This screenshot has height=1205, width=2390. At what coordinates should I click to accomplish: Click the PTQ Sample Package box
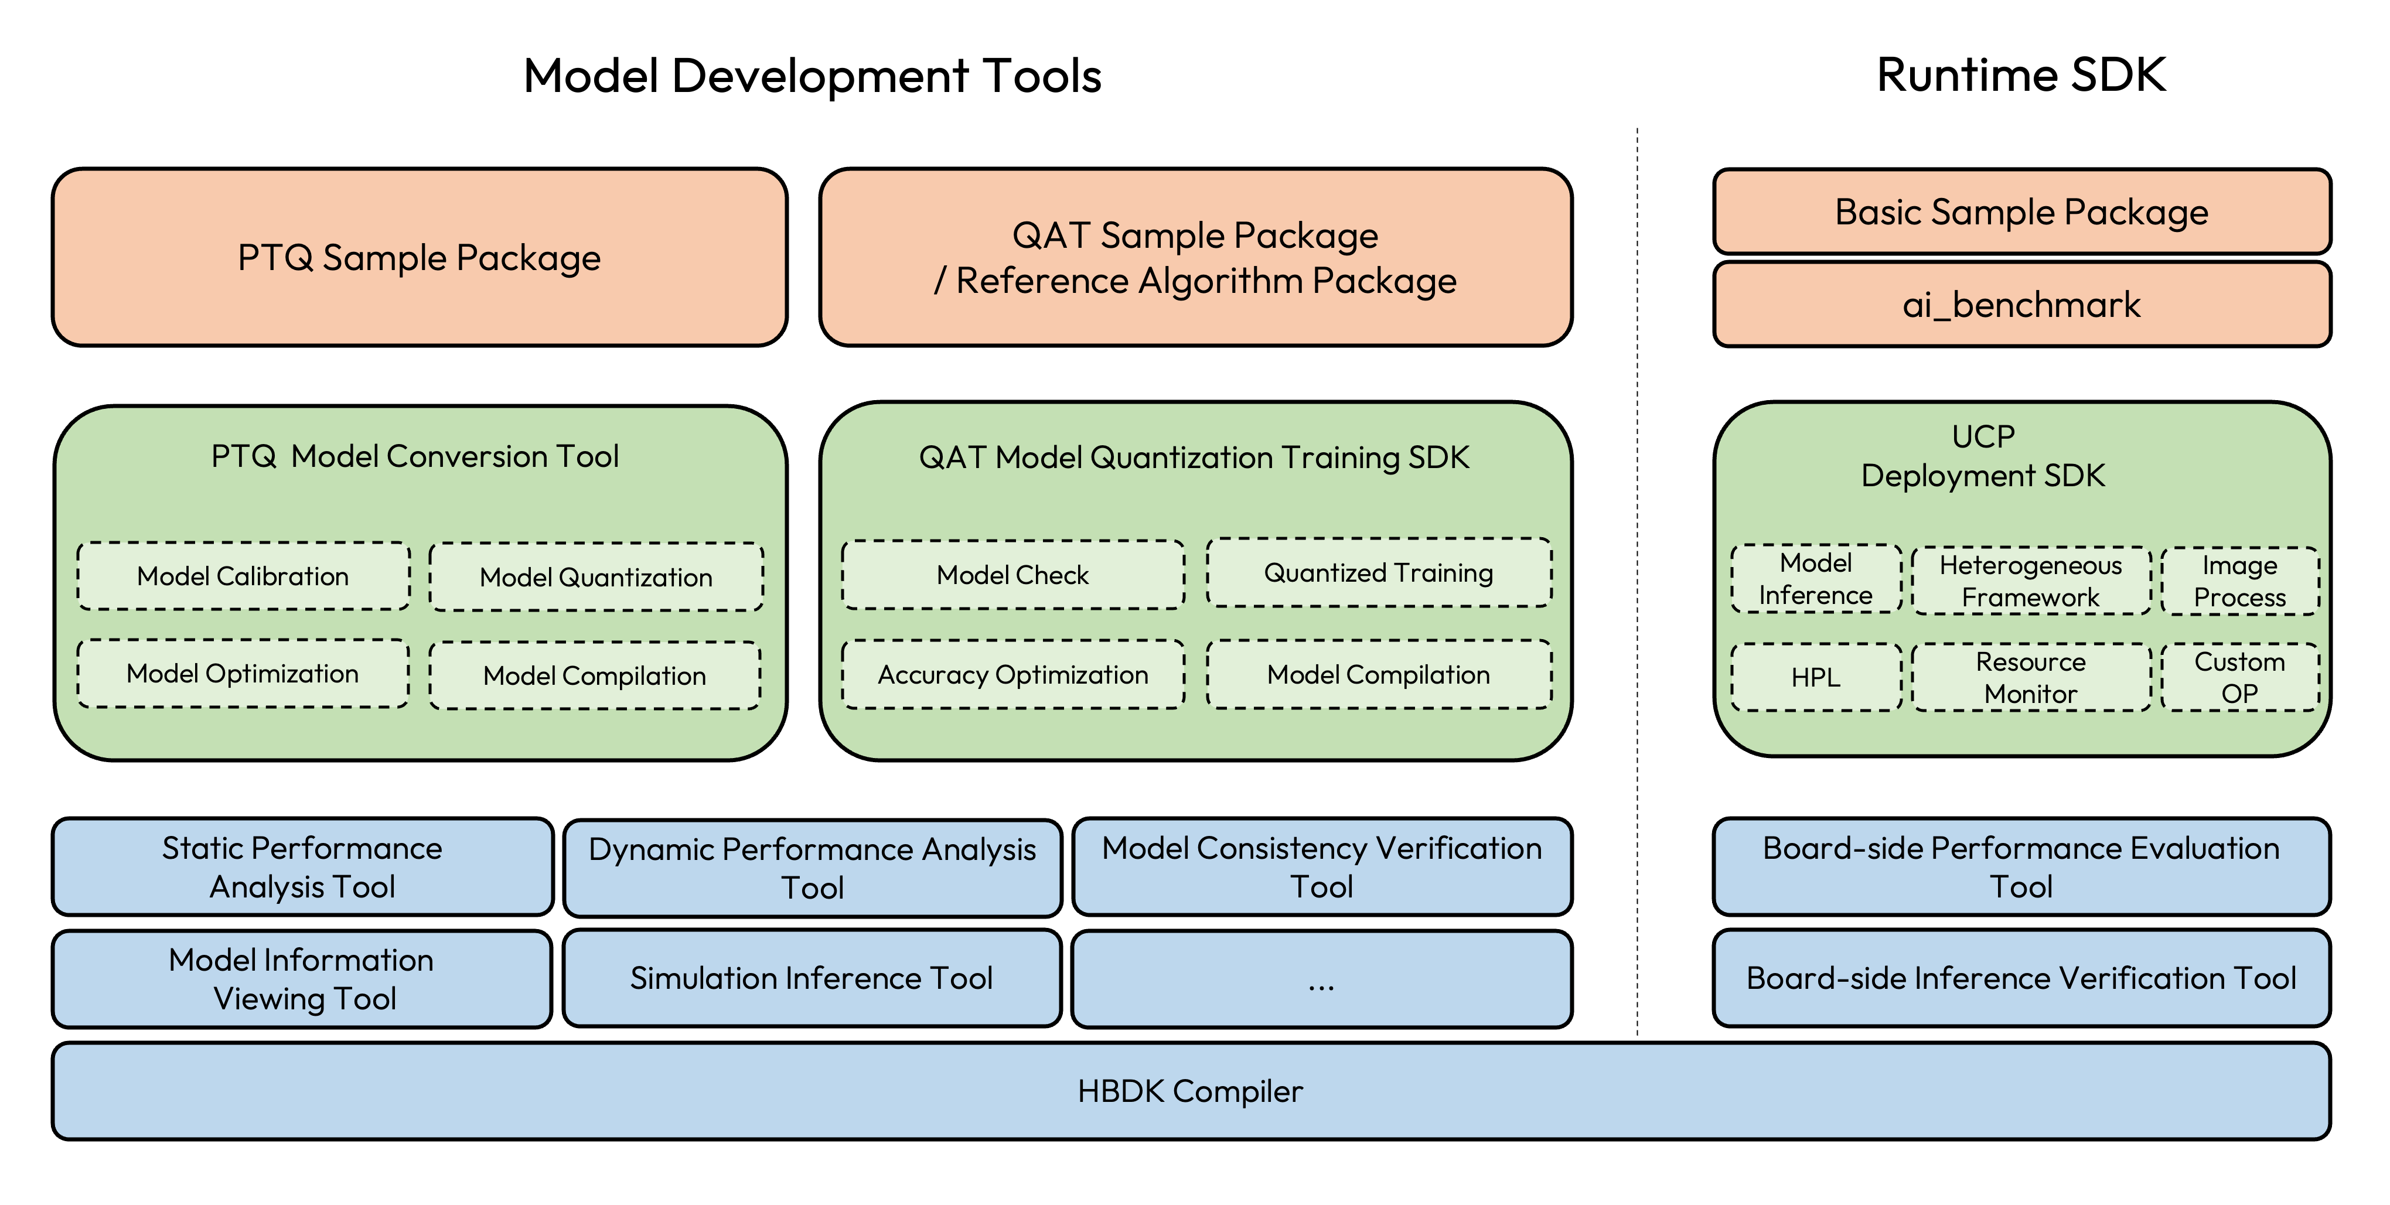click(x=420, y=257)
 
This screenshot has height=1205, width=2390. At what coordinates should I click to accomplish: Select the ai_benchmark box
click(x=2021, y=304)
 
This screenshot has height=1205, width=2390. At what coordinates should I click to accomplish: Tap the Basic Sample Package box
click(x=2021, y=211)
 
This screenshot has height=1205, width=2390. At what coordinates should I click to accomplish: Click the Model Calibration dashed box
click(x=243, y=576)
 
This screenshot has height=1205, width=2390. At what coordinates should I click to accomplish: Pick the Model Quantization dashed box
click(x=596, y=577)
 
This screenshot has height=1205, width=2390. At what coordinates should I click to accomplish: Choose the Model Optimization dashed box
click(x=243, y=674)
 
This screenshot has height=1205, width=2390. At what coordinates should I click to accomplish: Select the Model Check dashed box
click(x=1012, y=575)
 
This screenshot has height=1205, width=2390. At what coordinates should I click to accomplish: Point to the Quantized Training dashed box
click(x=1379, y=572)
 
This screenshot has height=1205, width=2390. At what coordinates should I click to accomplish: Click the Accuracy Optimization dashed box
click(x=1012, y=674)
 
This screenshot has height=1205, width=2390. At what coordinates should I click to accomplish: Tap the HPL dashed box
click(x=1816, y=677)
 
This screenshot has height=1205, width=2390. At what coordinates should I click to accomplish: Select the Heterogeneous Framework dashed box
click(x=2031, y=581)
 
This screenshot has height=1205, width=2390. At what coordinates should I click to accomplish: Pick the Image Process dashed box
click(x=2239, y=581)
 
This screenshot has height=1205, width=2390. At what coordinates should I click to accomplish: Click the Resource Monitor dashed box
click(x=2031, y=677)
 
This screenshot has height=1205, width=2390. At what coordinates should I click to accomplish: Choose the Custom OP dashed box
click(x=2239, y=677)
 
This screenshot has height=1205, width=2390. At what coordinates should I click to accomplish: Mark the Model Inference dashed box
click(x=1816, y=579)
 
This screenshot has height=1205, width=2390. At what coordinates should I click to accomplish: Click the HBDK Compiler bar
click(x=1191, y=1091)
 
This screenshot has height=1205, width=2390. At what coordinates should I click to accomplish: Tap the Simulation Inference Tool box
click(x=812, y=979)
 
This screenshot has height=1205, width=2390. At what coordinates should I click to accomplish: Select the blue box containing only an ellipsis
click(x=1321, y=979)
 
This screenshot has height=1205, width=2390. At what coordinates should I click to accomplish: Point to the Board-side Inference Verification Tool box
click(x=2021, y=979)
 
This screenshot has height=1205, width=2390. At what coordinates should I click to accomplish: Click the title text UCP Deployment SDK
click(x=1983, y=456)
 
